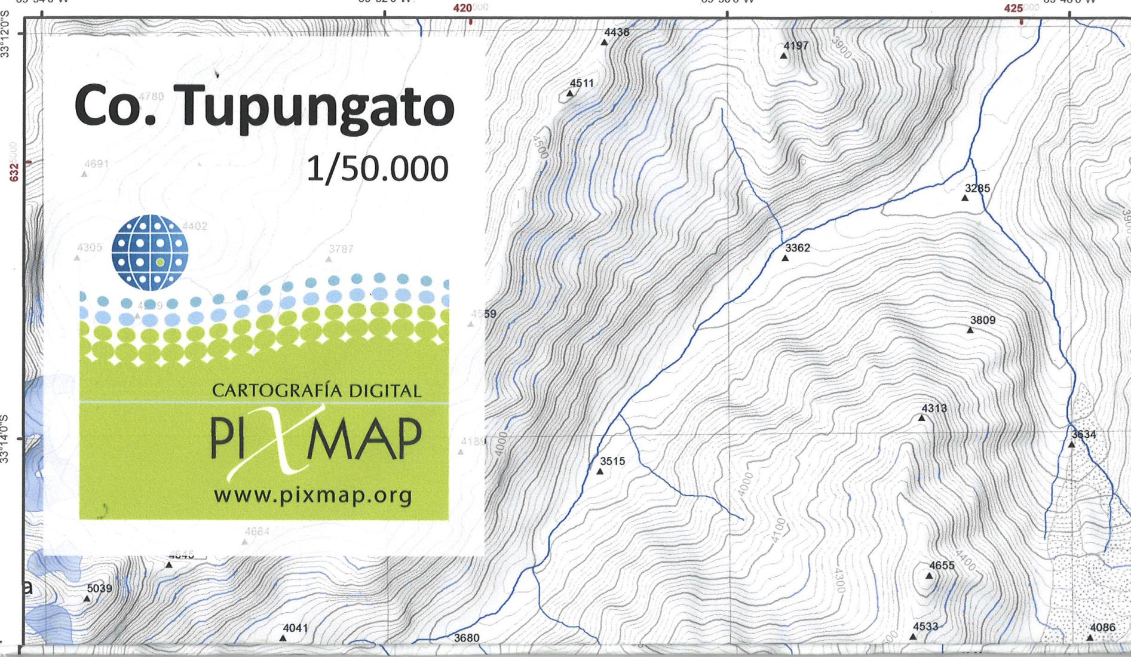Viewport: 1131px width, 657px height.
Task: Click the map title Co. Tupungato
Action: pos(264,106)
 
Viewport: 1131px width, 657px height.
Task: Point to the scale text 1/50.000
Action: pos(377,169)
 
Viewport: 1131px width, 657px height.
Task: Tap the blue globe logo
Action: pos(150,252)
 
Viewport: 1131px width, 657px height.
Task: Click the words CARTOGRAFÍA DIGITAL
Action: pos(317,391)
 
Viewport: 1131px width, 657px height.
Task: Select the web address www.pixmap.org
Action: pos(312,495)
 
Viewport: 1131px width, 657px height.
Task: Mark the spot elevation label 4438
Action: pos(617,32)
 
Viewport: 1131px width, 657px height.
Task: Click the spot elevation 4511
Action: pos(582,83)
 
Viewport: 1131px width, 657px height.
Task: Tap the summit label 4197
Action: pos(796,46)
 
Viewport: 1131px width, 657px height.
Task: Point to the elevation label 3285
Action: pos(977,188)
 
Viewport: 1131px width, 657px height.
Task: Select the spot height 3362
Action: pos(798,248)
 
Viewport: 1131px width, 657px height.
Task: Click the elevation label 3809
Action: pos(983,320)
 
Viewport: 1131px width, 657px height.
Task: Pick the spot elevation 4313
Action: pos(934,409)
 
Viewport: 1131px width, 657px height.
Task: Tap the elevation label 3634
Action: pos(1084,434)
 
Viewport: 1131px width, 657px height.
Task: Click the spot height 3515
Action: pos(612,461)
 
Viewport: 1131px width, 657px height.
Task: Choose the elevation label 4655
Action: pos(942,566)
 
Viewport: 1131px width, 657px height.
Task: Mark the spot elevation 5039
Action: pos(99,588)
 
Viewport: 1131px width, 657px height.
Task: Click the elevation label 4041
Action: pos(295,628)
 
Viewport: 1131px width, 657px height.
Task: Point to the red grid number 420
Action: pos(463,8)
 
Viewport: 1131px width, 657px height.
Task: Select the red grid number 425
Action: pos(1013,8)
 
